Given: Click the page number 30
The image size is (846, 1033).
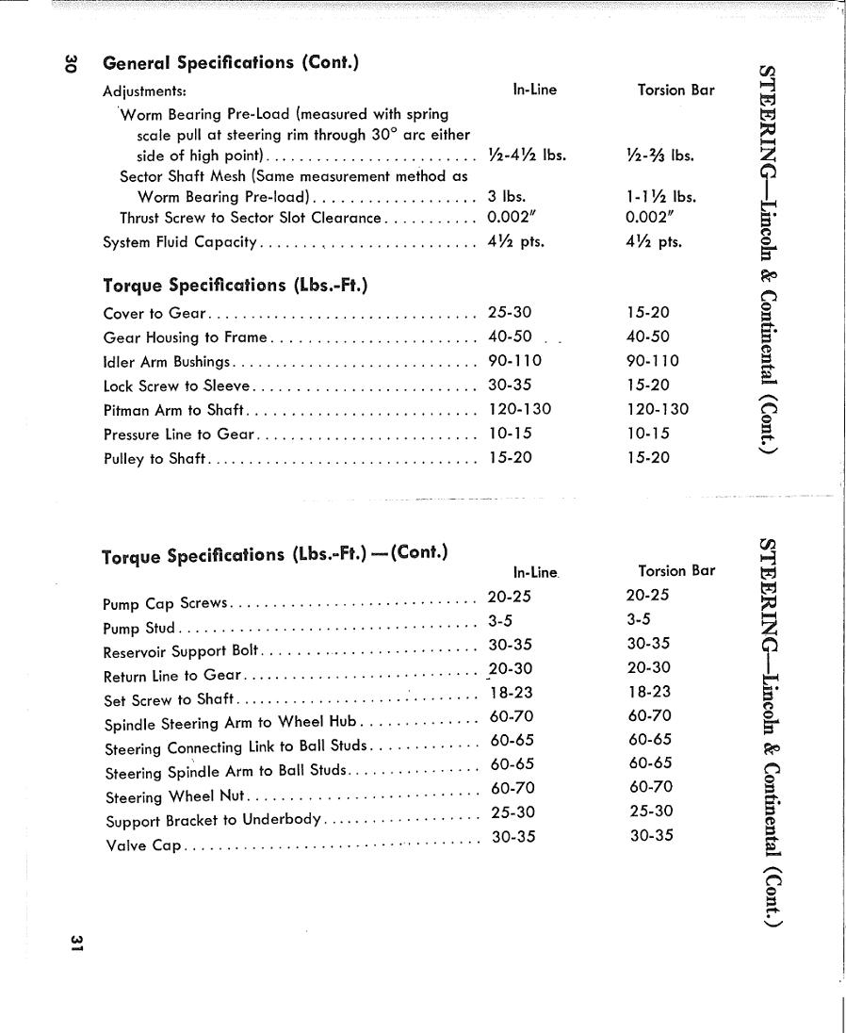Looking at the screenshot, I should pyautogui.click(x=68, y=64).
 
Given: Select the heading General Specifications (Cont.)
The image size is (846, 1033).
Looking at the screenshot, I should pyautogui.click(x=231, y=63).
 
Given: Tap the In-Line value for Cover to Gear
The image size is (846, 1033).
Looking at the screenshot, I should pyautogui.click(x=510, y=313).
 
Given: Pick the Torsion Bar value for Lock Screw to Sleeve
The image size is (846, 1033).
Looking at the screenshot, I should pyautogui.click(x=647, y=385).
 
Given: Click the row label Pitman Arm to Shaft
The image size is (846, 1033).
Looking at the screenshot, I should pyautogui.click(x=173, y=410).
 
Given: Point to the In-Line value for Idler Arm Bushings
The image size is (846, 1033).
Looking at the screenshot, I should pyautogui.click(x=514, y=361).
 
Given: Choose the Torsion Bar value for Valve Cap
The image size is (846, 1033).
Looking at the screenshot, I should pyautogui.click(x=652, y=835).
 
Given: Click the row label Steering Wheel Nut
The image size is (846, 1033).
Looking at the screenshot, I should pyautogui.click(x=174, y=796).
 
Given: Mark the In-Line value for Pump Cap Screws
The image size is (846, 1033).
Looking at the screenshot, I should pyautogui.click(x=510, y=596).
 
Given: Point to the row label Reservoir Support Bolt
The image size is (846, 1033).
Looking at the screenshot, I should pyautogui.click(x=180, y=651).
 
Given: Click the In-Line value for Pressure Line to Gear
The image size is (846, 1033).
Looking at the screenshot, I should pyautogui.click(x=510, y=434).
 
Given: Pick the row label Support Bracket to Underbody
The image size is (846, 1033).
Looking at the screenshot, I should pyautogui.click(x=214, y=820).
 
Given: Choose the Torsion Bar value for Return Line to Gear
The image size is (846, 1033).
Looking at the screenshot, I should pyautogui.click(x=648, y=667).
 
